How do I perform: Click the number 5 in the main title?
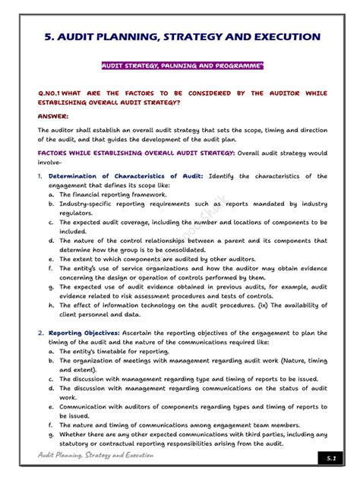point(45,36)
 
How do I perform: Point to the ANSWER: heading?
point(53,116)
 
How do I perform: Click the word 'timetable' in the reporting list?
point(114,351)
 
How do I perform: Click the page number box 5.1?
point(330,459)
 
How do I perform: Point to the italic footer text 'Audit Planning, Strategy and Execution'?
point(95,455)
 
